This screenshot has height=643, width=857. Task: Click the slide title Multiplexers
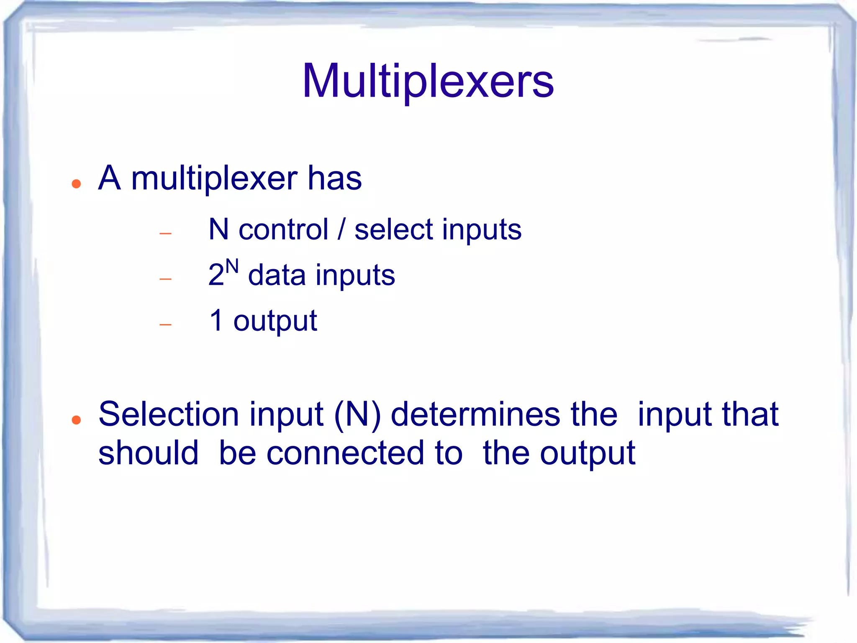pos(428,82)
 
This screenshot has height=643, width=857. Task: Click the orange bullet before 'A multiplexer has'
pos(76,184)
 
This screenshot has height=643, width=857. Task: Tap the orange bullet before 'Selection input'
pos(76,420)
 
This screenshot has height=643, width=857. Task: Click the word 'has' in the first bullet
pos(334,178)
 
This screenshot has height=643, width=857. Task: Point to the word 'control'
pos(283,230)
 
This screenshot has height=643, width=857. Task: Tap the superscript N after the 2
pos(232,267)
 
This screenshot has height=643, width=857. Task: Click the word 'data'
pos(277,276)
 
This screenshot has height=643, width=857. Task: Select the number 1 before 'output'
pos(216,320)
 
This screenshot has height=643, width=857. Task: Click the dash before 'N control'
pos(166,233)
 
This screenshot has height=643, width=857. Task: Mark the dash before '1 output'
pos(166,324)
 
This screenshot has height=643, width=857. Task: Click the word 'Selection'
pos(169,414)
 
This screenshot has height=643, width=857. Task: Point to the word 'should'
pos(148,453)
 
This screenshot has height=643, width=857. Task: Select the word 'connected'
pos(364,453)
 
